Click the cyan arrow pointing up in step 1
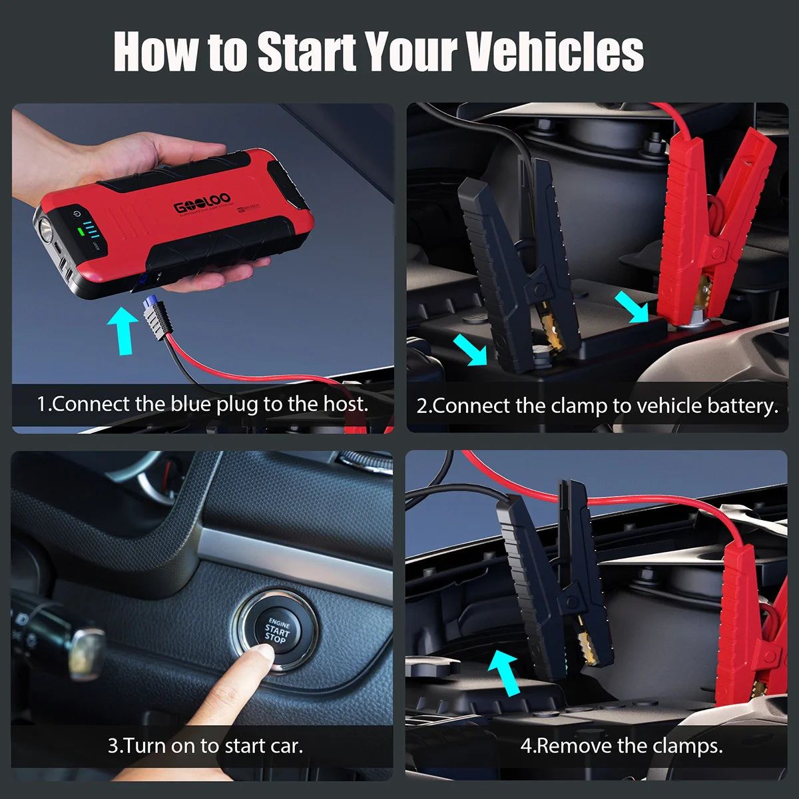point(122,329)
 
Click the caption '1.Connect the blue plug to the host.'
point(202,404)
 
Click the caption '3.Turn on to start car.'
point(205,745)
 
